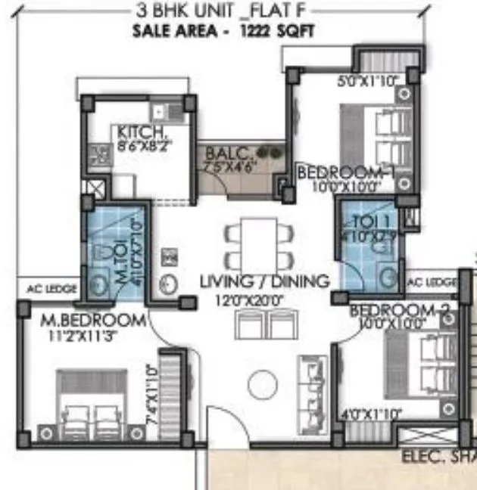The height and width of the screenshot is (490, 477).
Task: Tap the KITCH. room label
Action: point(136,131)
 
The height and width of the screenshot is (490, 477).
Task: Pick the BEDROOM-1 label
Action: point(348,172)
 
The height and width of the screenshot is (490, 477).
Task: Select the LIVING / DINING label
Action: point(264,281)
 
